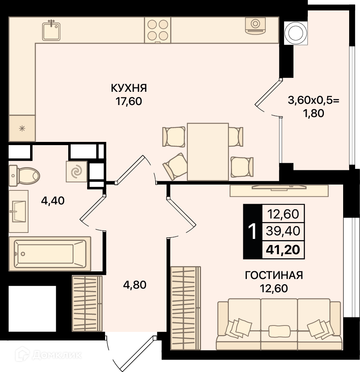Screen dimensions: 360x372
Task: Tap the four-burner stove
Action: (158, 30)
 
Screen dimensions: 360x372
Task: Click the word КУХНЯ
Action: (129, 88)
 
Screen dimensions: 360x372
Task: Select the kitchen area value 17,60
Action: (129, 101)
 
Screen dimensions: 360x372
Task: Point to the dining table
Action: (208, 152)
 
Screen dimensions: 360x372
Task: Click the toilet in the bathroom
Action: (24, 176)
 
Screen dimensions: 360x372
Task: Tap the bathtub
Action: (50, 254)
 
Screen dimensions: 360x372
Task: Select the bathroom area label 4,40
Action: (53, 201)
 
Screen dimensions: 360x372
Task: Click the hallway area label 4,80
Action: (134, 285)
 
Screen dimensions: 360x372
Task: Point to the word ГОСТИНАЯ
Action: (274, 275)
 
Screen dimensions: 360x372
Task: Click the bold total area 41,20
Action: (283, 250)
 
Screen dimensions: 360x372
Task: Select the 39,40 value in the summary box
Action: (283, 231)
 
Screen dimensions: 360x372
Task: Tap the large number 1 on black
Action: (252, 232)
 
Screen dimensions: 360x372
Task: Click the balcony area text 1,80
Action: (313, 113)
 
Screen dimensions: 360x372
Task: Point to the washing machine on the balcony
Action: (296, 33)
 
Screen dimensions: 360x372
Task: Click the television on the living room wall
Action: (279, 188)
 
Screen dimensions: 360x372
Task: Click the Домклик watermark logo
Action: (48, 355)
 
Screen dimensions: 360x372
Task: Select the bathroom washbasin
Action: (18, 211)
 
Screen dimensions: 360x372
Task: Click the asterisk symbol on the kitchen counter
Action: (22, 129)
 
